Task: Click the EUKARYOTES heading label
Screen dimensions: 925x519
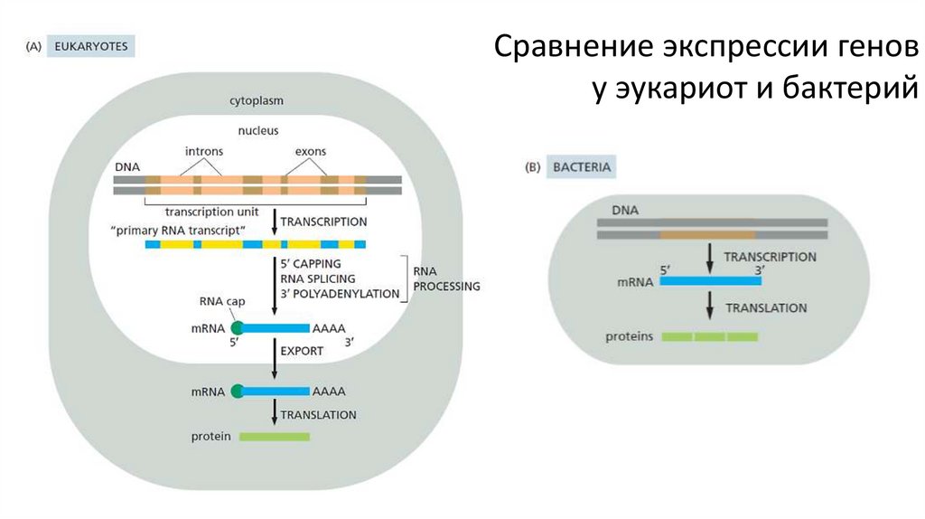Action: (91, 47)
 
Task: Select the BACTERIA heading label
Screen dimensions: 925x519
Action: (582, 167)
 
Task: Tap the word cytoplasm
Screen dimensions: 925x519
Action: (257, 101)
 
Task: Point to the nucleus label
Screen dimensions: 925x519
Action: (258, 130)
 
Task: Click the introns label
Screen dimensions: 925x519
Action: (204, 151)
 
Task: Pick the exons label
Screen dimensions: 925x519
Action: (311, 151)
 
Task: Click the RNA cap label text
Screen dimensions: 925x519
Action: (222, 301)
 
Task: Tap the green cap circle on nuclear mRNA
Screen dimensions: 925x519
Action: (238, 328)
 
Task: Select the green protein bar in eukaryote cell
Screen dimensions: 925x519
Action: (275, 437)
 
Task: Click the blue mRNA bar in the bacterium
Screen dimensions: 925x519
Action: (710, 281)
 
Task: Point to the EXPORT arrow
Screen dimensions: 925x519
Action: (275, 358)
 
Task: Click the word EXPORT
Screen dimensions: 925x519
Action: (302, 351)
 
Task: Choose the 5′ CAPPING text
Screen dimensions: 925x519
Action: (311, 264)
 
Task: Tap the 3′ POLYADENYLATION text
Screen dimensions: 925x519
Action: (340, 294)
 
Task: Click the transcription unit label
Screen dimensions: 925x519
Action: (211, 212)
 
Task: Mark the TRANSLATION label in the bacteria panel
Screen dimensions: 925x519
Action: (766, 308)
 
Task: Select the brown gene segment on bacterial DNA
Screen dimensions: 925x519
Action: (708, 235)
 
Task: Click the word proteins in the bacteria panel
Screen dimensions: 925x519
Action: (630, 336)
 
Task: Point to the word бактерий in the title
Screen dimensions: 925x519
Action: (851, 88)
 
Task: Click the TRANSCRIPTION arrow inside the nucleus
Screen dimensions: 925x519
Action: (275, 222)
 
